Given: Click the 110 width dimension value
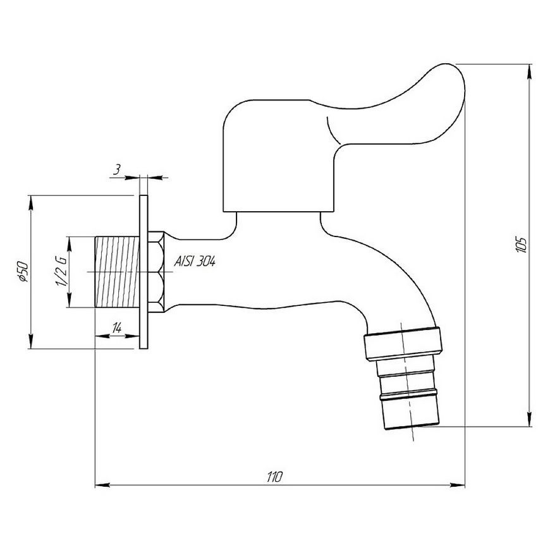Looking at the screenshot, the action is [x=274, y=477].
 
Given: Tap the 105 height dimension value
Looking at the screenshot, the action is [x=521, y=245].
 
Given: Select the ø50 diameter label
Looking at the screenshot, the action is [x=22, y=271].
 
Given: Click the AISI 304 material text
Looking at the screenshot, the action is [x=195, y=261].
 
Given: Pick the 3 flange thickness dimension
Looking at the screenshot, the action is [x=117, y=170].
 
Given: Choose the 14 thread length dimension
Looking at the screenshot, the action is [x=117, y=328].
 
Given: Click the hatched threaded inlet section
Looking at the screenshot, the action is [x=117, y=272].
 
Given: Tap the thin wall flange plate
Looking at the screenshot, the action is [x=144, y=272].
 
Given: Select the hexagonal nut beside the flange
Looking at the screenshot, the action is [x=156, y=272].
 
